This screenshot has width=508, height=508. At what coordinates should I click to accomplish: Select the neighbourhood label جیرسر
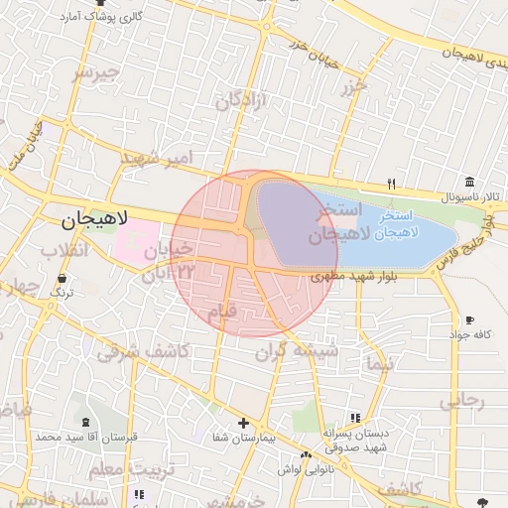[x=95, y=72]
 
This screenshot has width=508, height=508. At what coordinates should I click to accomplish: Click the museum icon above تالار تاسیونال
[x=468, y=183]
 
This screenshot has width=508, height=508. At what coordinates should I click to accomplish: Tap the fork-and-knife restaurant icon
[x=391, y=184]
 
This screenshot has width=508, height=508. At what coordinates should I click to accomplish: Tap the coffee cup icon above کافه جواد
[x=469, y=320]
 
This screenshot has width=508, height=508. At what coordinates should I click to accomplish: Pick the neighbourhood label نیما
[x=378, y=363]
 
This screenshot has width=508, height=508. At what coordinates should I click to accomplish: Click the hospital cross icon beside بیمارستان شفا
[x=243, y=423]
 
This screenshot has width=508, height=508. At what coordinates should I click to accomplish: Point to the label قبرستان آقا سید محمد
[x=76, y=437]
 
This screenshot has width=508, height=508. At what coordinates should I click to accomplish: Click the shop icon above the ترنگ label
[x=63, y=279]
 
